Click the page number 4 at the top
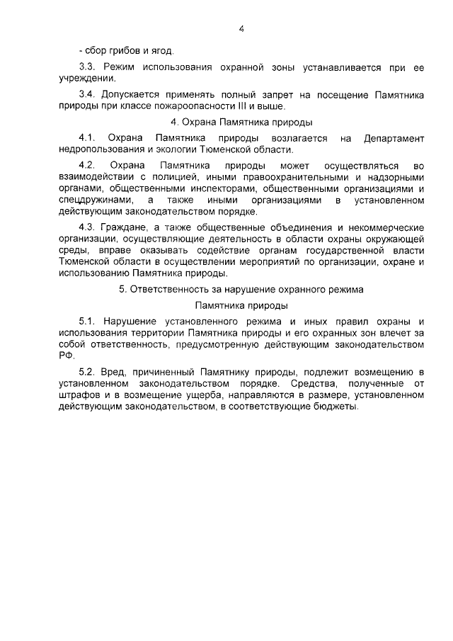point(241,29)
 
